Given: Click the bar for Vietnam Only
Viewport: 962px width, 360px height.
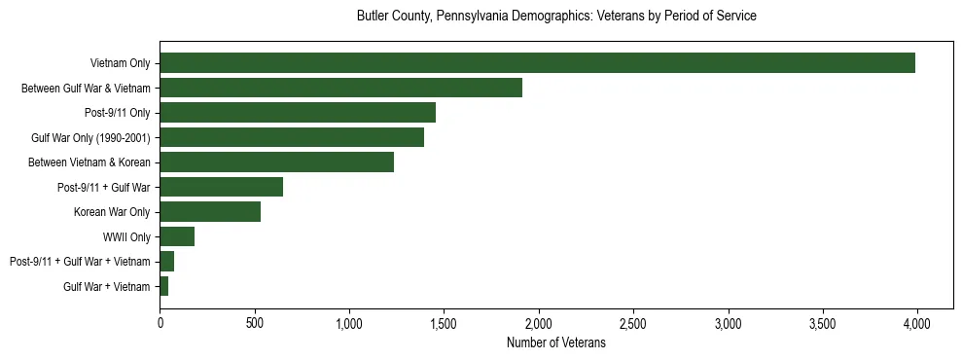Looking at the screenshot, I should pos(537,63).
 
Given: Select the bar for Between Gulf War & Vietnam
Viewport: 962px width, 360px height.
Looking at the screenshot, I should pos(340,88).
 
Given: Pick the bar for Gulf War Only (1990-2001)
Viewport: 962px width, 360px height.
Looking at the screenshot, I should pos(292,137).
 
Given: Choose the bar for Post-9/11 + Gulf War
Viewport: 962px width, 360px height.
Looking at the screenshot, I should pos(221,187).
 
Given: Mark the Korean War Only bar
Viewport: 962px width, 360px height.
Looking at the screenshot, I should pos(210,212).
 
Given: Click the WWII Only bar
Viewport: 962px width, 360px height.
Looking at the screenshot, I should pos(177,236).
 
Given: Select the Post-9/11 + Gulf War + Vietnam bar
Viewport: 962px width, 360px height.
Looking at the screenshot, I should pos(166,262).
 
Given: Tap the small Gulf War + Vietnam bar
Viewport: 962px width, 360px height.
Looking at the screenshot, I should pos(163,286).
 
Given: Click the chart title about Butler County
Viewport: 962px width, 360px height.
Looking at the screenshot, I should pos(556,17).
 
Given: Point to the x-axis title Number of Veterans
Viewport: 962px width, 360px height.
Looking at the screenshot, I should pos(556,343).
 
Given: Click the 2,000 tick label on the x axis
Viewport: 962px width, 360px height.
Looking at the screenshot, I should pos(538,323).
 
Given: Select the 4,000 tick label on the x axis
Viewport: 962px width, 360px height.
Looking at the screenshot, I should pos(916,323).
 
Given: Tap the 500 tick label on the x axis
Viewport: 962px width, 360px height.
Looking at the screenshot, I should pos(254,323).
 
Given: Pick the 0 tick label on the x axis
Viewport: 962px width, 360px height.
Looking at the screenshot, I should pos(160,323).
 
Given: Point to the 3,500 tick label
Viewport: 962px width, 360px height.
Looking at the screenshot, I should pos(822,323).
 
